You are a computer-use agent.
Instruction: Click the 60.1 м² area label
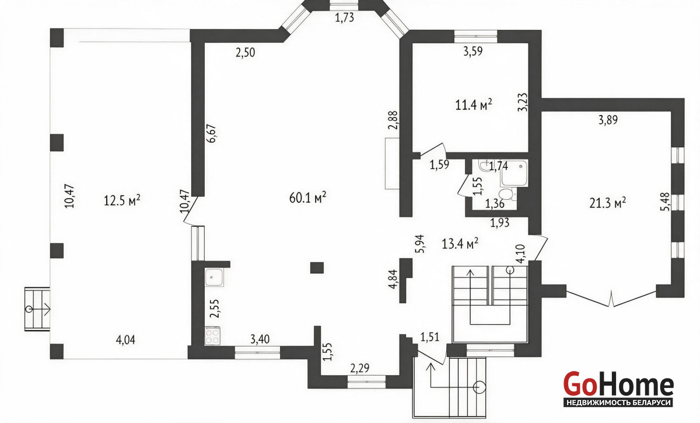click(308, 197)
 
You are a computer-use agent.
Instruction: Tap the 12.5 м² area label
click(122, 200)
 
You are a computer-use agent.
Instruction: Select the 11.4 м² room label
click(474, 105)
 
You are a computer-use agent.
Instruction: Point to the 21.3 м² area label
click(607, 203)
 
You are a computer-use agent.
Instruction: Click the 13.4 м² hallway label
click(460, 243)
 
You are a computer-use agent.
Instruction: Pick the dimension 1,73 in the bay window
click(344, 18)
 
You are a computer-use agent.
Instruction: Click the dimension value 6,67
click(212, 133)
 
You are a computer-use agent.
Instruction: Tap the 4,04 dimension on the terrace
click(125, 339)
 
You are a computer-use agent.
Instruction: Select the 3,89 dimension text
click(608, 120)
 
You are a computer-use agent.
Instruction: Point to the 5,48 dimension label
click(665, 202)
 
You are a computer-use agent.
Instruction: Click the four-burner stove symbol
click(212, 336)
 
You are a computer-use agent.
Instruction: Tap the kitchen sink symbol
click(214, 277)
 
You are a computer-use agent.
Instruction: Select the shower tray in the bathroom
click(514, 173)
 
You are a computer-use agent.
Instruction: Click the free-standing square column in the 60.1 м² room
click(317, 268)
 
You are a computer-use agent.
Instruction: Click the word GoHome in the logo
click(618, 384)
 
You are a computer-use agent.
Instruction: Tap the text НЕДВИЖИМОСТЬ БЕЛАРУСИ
click(618, 403)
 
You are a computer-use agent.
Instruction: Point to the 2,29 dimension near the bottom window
click(360, 368)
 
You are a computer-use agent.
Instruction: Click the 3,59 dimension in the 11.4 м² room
click(473, 51)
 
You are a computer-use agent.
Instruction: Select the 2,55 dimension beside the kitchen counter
click(215, 308)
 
